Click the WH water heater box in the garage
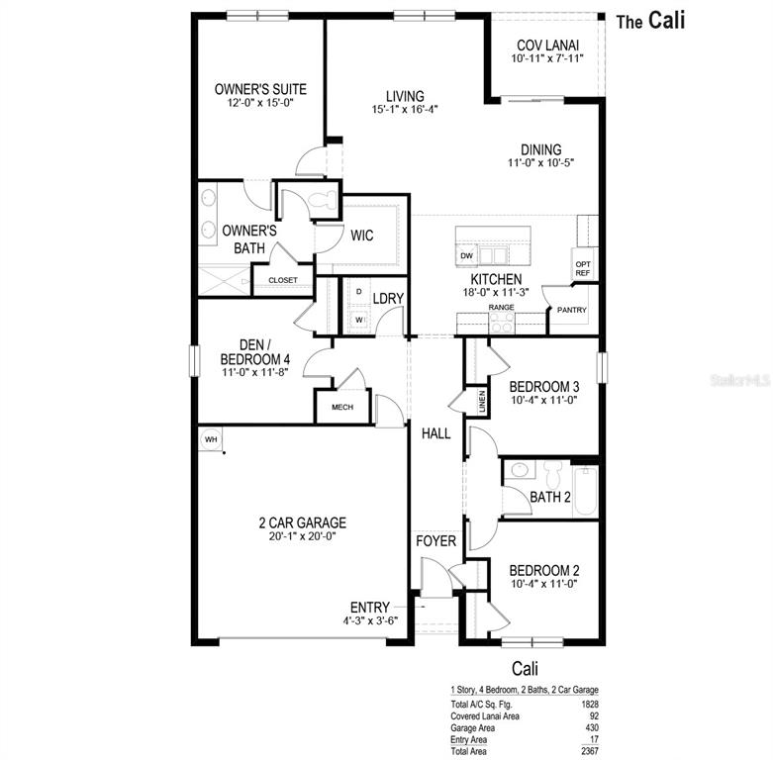210,439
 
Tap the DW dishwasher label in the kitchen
467,256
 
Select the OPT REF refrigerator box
583,267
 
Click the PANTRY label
571,311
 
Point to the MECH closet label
342,407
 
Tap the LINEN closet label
482,401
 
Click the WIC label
361,236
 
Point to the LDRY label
388,298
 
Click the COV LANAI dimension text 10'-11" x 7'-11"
547,58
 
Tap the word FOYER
435,541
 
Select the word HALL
436,433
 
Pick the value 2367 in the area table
589,750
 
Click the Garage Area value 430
591,727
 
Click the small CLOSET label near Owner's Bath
282,280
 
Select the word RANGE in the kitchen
501,308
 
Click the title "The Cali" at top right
650,21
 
